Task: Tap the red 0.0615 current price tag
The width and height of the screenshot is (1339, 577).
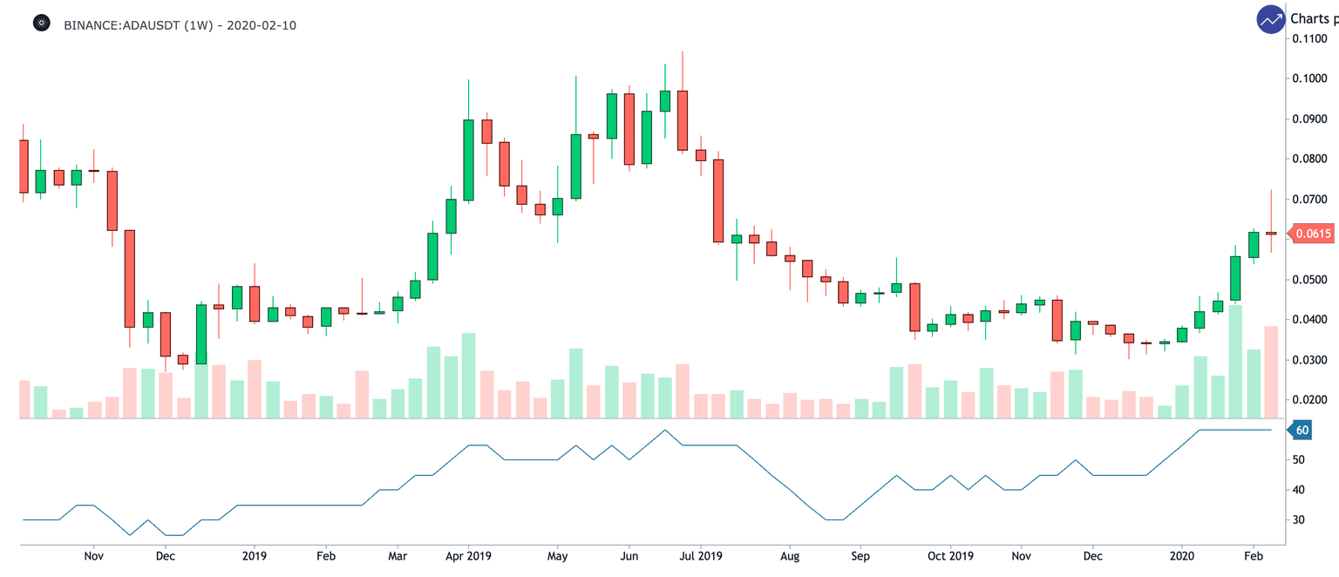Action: [1312, 234]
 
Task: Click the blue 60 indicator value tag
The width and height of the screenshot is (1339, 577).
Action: [1302, 430]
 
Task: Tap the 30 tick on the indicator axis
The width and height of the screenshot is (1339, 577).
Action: [1299, 519]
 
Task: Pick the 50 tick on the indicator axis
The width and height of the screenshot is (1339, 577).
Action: [1299, 459]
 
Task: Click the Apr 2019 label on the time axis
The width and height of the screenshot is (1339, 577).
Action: [468, 555]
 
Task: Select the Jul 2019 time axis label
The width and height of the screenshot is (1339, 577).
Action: [700, 555]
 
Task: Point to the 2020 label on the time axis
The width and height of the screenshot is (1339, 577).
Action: [1182, 555]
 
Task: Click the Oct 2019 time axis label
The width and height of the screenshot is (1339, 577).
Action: [950, 555]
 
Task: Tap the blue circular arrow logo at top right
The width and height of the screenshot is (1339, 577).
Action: [1270, 19]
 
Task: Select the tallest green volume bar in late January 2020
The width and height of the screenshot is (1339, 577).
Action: [1235, 361]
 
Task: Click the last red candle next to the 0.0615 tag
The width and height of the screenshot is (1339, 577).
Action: [1271, 233]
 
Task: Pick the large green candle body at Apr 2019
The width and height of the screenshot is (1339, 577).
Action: [468, 160]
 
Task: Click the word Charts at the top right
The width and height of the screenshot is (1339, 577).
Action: [1310, 18]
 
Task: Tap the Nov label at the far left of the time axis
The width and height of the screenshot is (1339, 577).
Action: [94, 555]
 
